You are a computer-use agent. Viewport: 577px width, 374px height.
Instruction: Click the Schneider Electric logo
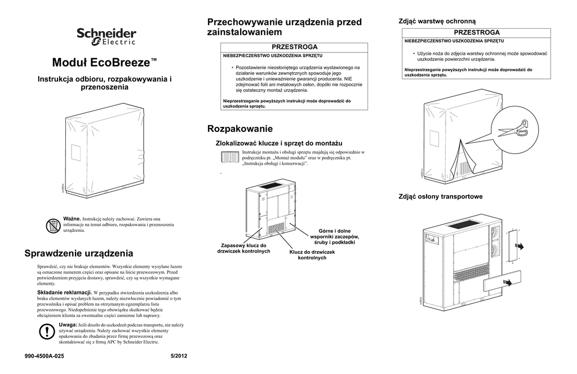[x=106, y=37]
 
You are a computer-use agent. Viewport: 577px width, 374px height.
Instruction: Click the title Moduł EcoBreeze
[x=104, y=61]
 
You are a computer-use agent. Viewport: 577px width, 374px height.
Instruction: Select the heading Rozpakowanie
[x=240, y=129]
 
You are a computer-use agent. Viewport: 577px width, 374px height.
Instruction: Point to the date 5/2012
[x=178, y=356]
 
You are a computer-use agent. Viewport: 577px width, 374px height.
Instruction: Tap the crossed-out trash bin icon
[x=52, y=226]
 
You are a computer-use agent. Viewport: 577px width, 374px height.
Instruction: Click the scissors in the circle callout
[x=513, y=130]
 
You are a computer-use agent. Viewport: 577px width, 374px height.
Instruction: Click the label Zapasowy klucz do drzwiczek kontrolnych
[x=244, y=248]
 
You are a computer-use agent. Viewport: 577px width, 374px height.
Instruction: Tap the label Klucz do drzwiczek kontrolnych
[x=312, y=254]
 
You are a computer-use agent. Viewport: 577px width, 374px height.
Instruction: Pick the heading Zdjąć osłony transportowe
[x=441, y=196]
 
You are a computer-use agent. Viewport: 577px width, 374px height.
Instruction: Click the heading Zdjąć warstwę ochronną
[x=437, y=21]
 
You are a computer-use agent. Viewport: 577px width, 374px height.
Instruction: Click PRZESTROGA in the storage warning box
[x=295, y=46]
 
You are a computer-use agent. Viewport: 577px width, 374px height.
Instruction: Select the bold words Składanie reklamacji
[x=64, y=293]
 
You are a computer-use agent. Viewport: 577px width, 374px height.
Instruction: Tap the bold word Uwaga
[x=68, y=325]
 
